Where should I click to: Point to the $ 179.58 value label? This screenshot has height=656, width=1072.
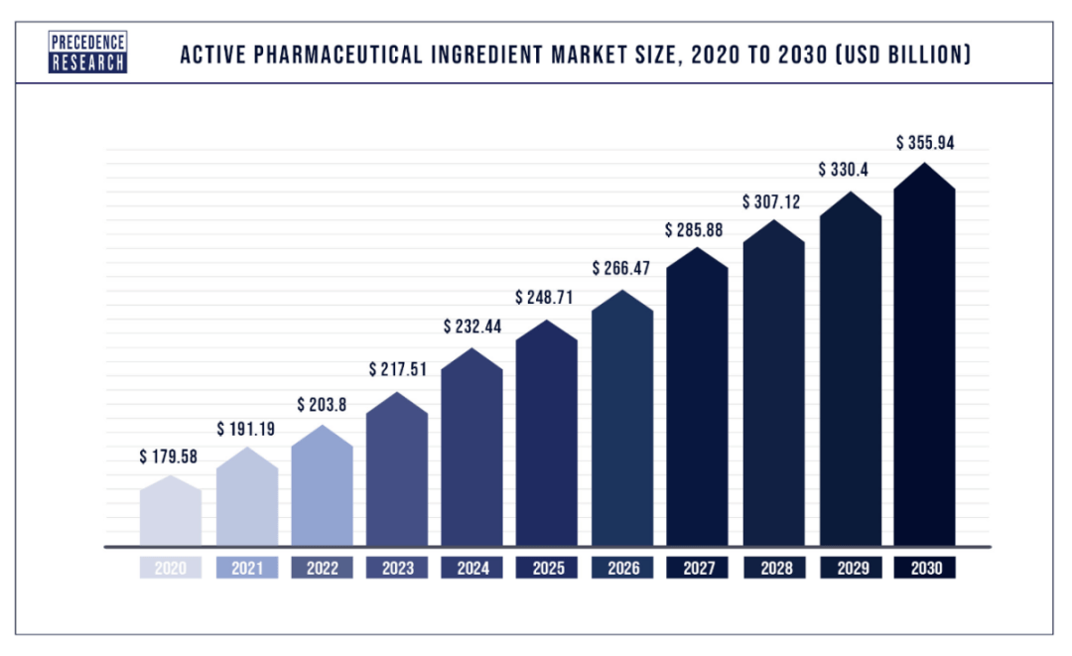tap(170, 459)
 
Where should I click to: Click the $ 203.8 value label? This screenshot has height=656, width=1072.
tap(323, 405)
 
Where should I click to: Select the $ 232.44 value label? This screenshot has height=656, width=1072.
tap(472, 326)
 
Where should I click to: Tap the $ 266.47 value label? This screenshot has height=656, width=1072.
tap(622, 268)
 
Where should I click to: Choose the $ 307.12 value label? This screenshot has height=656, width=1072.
tap(773, 201)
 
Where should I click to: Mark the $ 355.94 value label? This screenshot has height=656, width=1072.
tap(924, 143)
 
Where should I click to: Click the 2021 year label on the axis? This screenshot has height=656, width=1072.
tap(247, 569)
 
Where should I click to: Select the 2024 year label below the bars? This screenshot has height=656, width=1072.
tap(472, 569)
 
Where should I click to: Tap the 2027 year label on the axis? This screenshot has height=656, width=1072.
tap(698, 569)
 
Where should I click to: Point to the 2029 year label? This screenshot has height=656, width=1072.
tap(849, 569)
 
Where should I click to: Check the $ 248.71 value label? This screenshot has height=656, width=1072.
tap(547, 297)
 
